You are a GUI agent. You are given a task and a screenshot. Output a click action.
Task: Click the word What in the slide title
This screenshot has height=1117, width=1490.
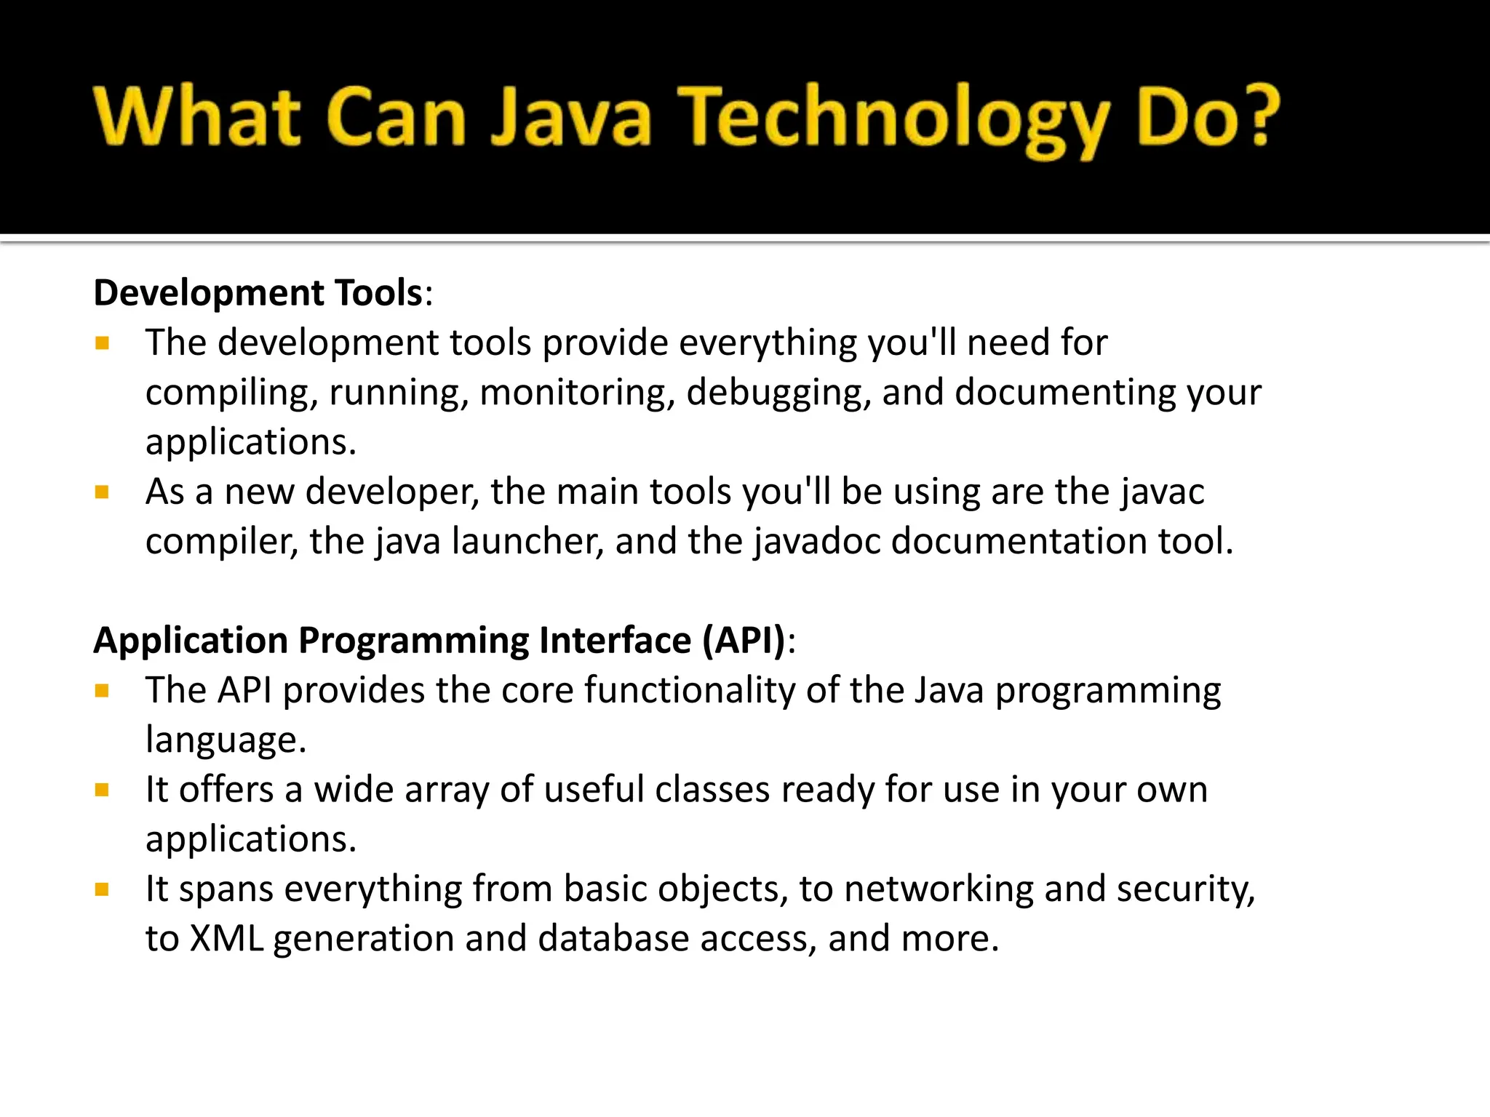tap(196, 116)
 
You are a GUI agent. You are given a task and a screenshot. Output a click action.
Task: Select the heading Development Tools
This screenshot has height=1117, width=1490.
tap(258, 293)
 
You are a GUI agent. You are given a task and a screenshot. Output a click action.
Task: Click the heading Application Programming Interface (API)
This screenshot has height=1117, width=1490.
tap(440, 641)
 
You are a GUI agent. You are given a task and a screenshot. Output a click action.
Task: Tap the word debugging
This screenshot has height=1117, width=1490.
tap(778, 393)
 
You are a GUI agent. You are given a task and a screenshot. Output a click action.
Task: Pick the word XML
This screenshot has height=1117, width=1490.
tap(226, 939)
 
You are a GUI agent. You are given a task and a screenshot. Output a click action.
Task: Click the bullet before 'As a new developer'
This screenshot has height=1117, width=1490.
tap(102, 493)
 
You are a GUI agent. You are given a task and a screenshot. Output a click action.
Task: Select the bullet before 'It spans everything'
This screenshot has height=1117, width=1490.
tap(102, 889)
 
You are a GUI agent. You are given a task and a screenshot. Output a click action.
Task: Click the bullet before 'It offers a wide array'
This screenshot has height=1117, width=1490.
tap(102, 790)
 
